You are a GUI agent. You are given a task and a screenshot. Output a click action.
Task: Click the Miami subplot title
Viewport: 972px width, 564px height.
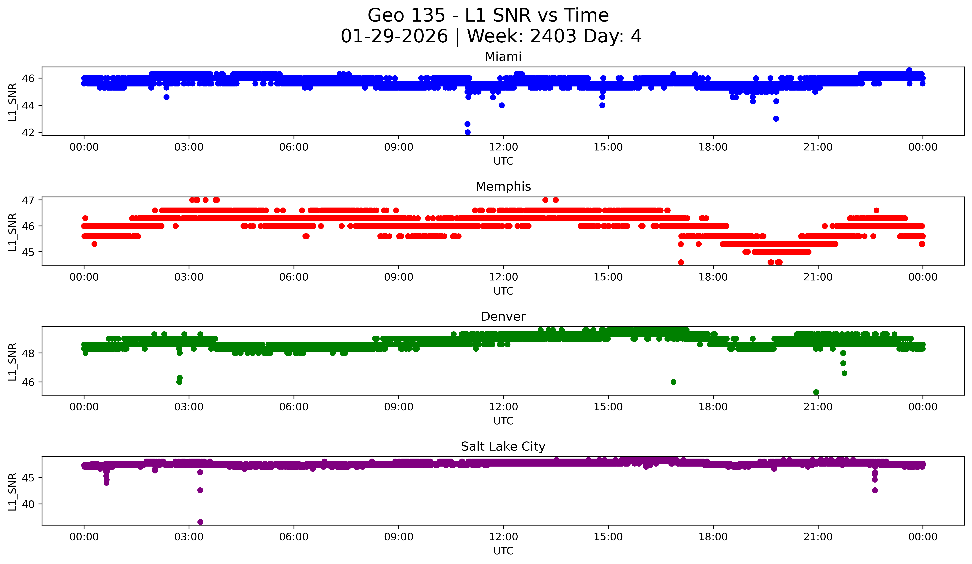[503, 57]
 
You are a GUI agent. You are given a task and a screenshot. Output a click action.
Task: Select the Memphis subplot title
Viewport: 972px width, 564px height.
[503, 187]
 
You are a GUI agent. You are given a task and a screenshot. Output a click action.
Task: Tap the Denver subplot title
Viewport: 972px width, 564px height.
[503, 316]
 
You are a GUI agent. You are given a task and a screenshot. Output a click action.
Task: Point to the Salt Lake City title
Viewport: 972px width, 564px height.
[503, 446]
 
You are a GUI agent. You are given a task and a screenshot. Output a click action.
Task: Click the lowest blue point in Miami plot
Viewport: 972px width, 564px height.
[467, 132]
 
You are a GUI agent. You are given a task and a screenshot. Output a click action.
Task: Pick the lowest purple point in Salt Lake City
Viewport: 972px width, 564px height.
[200, 522]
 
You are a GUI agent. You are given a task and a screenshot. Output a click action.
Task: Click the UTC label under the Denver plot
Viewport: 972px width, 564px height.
[503, 421]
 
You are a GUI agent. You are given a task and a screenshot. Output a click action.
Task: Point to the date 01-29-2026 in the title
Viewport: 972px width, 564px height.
[394, 36]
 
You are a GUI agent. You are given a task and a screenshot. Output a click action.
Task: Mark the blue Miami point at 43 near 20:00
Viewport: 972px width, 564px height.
[776, 119]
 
